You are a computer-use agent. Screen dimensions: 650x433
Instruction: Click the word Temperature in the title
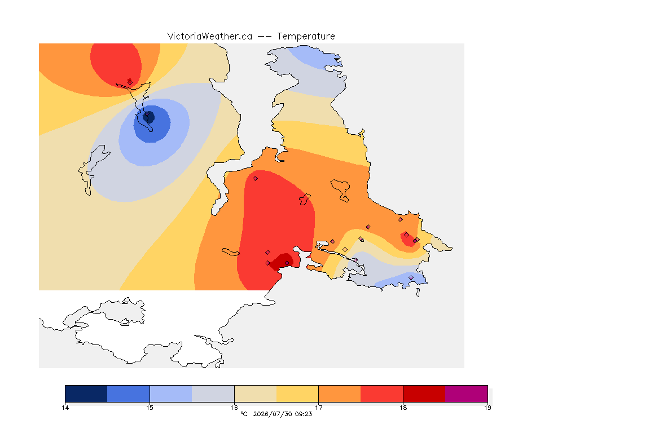point(306,37)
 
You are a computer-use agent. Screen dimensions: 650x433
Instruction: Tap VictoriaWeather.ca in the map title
point(210,37)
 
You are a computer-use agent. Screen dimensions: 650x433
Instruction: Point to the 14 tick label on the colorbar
point(65,408)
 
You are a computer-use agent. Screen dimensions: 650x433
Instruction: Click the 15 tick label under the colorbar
point(150,408)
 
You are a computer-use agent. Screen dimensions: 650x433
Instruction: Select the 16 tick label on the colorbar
point(234,408)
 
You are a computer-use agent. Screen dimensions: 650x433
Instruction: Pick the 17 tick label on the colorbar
point(318,408)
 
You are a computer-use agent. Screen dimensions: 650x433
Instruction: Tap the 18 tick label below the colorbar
point(403,408)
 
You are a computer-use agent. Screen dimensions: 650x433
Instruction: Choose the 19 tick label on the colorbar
point(488,408)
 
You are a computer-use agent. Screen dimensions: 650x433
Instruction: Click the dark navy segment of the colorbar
point(86,394)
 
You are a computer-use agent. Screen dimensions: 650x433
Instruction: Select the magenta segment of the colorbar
point(467,394)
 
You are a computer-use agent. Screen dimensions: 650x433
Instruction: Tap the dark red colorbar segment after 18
point(424,394)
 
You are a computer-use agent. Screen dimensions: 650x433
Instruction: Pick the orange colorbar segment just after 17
point(340,394)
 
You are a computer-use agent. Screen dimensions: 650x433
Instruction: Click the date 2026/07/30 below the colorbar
point(271,414)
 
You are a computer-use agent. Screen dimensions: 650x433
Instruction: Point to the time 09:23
point(304,414)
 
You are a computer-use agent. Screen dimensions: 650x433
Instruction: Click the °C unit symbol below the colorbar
point(244,414)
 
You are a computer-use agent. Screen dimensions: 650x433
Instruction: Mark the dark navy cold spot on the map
point(149,117)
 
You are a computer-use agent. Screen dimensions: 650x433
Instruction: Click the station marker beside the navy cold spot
point(147,113)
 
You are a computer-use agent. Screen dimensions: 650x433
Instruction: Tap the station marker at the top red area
point(130,82)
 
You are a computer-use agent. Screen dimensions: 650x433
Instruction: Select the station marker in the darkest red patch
point(287,263)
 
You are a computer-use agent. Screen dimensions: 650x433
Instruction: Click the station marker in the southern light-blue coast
point(411,277)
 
